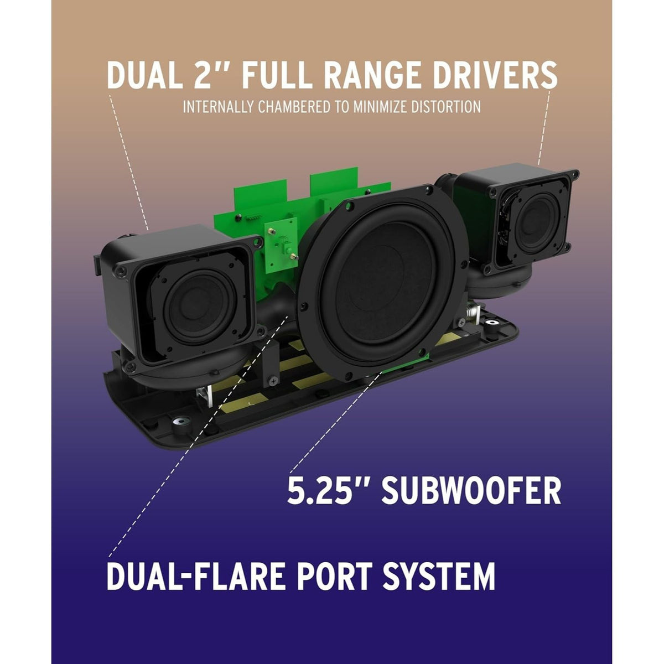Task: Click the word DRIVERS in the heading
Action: click(x=495, y=75)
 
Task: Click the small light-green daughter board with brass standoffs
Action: click(x=281, y=245)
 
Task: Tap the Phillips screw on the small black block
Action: click(x=273, y=381)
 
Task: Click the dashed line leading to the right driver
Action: click(x=544, y=127)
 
